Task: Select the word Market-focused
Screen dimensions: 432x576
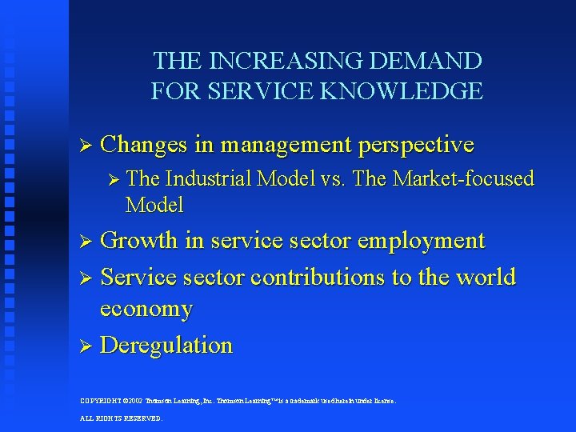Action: click(x=461, y=179)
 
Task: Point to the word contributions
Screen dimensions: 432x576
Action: click(x=318, y=277)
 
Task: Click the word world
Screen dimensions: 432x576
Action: click(x=485, y=277)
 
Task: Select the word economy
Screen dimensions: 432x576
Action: click(x=146, y=309)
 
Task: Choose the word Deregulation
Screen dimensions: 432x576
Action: click(x=166, y=345)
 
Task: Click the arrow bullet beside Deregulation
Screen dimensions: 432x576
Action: click(x=87, y=346)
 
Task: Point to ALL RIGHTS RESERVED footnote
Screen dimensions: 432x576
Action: click(x=121, y=418)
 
